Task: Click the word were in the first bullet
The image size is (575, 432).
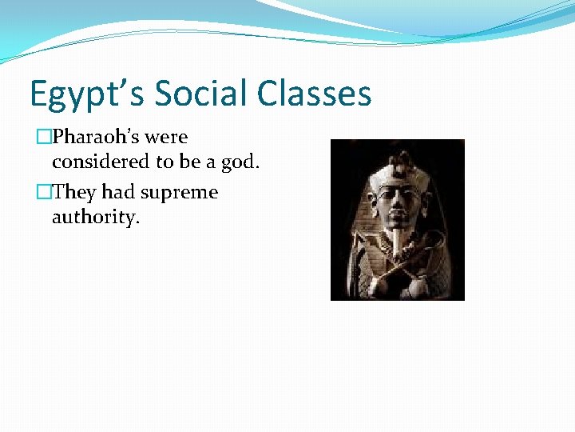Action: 166,138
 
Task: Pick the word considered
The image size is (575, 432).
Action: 101,162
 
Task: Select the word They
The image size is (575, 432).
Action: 76,193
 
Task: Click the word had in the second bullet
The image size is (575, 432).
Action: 121,193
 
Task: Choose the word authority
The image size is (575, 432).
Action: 95,218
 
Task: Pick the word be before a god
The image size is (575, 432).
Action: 189,162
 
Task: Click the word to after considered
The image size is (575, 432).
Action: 166,162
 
